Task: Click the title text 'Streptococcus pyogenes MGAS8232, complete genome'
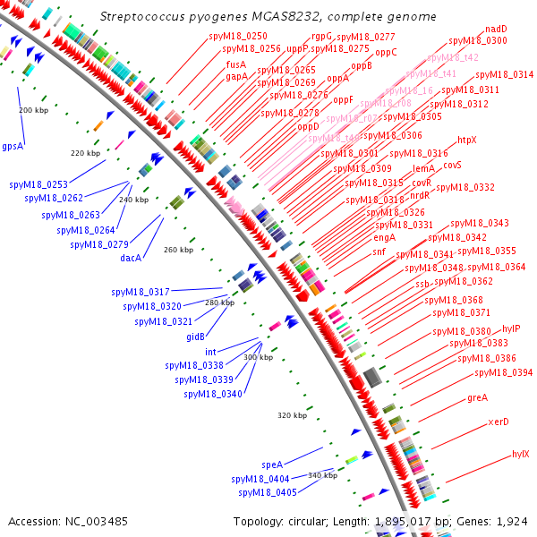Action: pyautogui.click(x=268, y=17)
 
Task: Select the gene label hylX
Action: pyautogui.click(x=520, y=454)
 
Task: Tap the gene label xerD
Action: pyautogui.click(x=499, y=422)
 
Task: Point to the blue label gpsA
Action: pyautogui.click(x=13, y=146)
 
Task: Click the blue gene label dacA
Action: pyautogui.click(x=131, y=258)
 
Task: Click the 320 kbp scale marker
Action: pyautogui.click(x=292, y=415)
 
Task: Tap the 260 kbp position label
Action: pyautogui.click(x=179, y=250)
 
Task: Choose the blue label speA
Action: pyautogui.click(x=272, y=465)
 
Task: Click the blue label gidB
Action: pyautogui.click(x=195, y=336)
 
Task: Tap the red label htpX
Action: pyautogui.click(x=467, y=141)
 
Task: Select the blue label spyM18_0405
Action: pyautogui.click(x=268, y=492)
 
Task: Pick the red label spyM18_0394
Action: pyautogui.click(x=503, y=372)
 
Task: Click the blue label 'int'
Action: pyautogui.click(x=210, y=352)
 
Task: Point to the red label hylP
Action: pyautogui.click(x=511, y=328)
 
